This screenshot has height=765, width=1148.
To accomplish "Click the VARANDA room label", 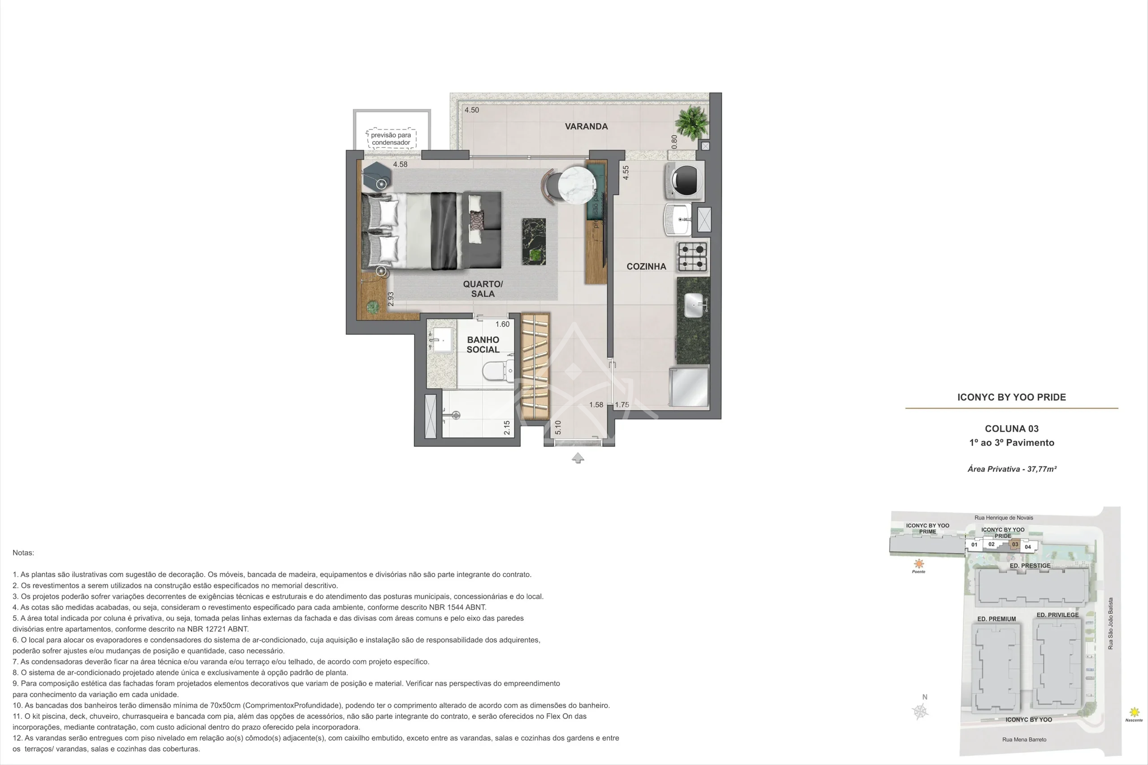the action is click(x=586, y=126).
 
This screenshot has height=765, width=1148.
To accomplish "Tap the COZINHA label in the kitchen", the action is click(x=646, y=266).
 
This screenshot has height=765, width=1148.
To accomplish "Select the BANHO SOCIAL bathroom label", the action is click(x=483, y=345).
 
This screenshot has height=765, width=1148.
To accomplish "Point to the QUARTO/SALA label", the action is click(x=483, y=289).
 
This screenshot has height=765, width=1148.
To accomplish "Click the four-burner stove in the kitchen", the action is click(x=692, y=257).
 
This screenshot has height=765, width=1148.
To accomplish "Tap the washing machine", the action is click(x=685, y=180).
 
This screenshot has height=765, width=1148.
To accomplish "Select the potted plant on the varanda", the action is click(x=691, y=122).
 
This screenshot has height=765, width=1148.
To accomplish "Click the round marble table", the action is click(x=578, y=185).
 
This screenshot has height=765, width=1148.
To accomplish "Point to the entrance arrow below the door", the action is click(x=578, y=458).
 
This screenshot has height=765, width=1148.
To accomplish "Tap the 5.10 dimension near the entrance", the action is click(x=558, y=428).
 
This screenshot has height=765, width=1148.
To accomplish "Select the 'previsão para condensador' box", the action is click(x=391, y=138).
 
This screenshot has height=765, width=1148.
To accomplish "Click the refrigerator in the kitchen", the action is click(x=689, y=387).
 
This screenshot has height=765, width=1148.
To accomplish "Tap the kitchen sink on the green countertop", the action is click(x=694, y=305).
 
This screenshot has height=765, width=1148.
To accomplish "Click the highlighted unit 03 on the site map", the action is click(x=1015, y=545).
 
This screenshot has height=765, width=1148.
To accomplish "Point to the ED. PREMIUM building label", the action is click(x=996, y=619).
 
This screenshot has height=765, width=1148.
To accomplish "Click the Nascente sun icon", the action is click(x=1135, y=713).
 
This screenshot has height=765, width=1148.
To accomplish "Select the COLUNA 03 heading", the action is click(x=1011, y=429).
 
